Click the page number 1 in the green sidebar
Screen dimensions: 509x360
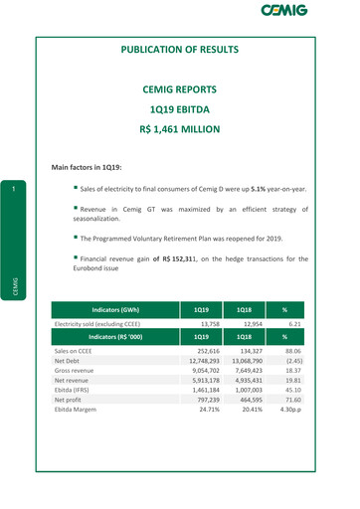(x=15, y=189)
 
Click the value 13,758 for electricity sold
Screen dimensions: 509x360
(x=206, y=296)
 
